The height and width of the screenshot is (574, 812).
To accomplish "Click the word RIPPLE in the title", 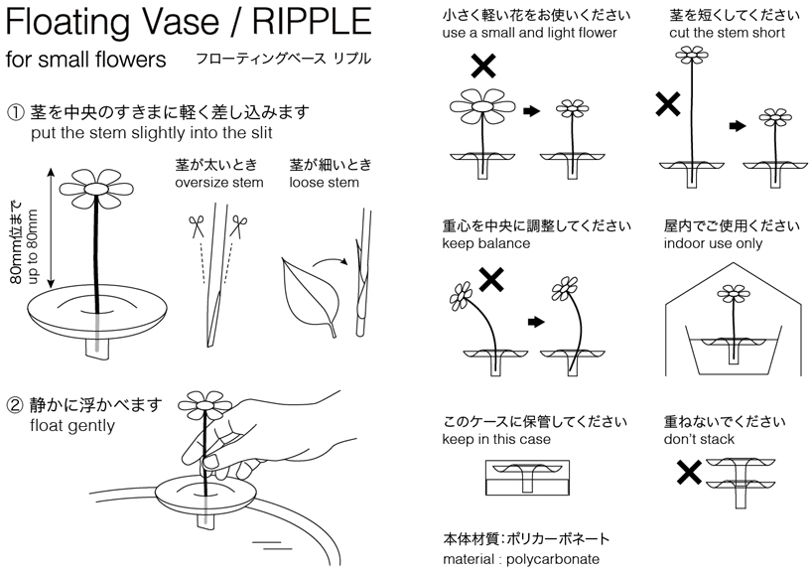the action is pyautogui.click(x=313, y=21).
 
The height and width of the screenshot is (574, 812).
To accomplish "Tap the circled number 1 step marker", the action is pyautogui.click(x=15, y=112).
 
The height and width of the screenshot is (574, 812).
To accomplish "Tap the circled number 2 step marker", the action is pyautogui.click(x=15, y=405).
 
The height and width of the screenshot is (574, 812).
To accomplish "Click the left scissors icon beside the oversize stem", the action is pyautogui.click(x=197, y=226).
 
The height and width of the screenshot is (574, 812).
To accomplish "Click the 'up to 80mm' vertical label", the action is pyautogui.click(x=33, y=246).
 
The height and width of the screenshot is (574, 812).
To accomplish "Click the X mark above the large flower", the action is pyautogui.click(x=483, y=67).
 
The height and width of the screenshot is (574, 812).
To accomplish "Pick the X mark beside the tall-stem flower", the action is pyautogui.click(x=667, y=103).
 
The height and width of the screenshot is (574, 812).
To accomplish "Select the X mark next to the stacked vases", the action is pyautogui.click(x=689, y=473).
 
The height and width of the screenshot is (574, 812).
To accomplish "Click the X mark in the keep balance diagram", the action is pyautogui.click(x=491, y=280).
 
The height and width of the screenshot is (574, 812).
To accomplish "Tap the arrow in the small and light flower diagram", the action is pyautogui.click(x=532, y=111).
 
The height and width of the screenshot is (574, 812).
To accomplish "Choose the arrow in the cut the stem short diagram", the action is pyautogui.click(x=737, y=125).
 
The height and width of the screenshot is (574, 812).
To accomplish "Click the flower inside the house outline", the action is pyautogui.click(x=734, y=294).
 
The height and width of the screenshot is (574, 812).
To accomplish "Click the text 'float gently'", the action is pyautogui.click(x=72, y=426).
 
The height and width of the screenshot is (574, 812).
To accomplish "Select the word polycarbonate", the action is pyautogui.click(x=553, y=559).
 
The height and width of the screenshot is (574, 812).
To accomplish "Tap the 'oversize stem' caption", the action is pyautogui.click(x=219, y=183).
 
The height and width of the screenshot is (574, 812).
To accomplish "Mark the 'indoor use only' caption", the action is pyautogui.click(x=713, y=243).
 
